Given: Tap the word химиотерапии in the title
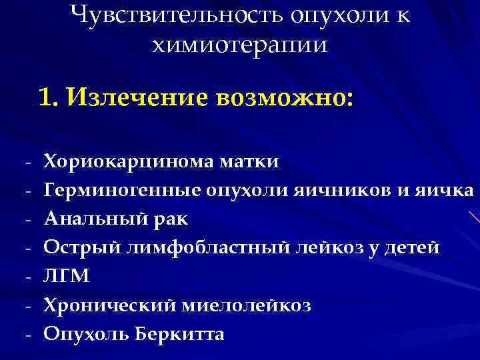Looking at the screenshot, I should pos(240,45).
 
